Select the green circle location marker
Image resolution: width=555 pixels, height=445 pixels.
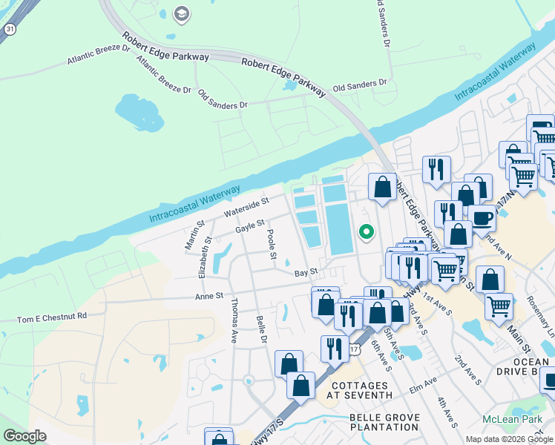click(366, 231)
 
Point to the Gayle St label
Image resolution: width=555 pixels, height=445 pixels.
click(250, 225)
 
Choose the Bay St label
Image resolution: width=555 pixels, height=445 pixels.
click(306, 272)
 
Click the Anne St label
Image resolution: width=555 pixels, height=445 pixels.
click(208, 296)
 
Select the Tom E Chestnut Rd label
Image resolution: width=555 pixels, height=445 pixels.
click(52, 317)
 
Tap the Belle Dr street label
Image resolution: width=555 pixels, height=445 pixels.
click(260, 329)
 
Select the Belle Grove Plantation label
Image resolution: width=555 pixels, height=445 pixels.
click(384, 422)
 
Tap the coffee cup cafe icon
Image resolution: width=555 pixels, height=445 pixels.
click(482, 218)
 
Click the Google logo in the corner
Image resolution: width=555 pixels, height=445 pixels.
click(24, 436)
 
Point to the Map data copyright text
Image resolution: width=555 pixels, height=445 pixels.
click(508, 439)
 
